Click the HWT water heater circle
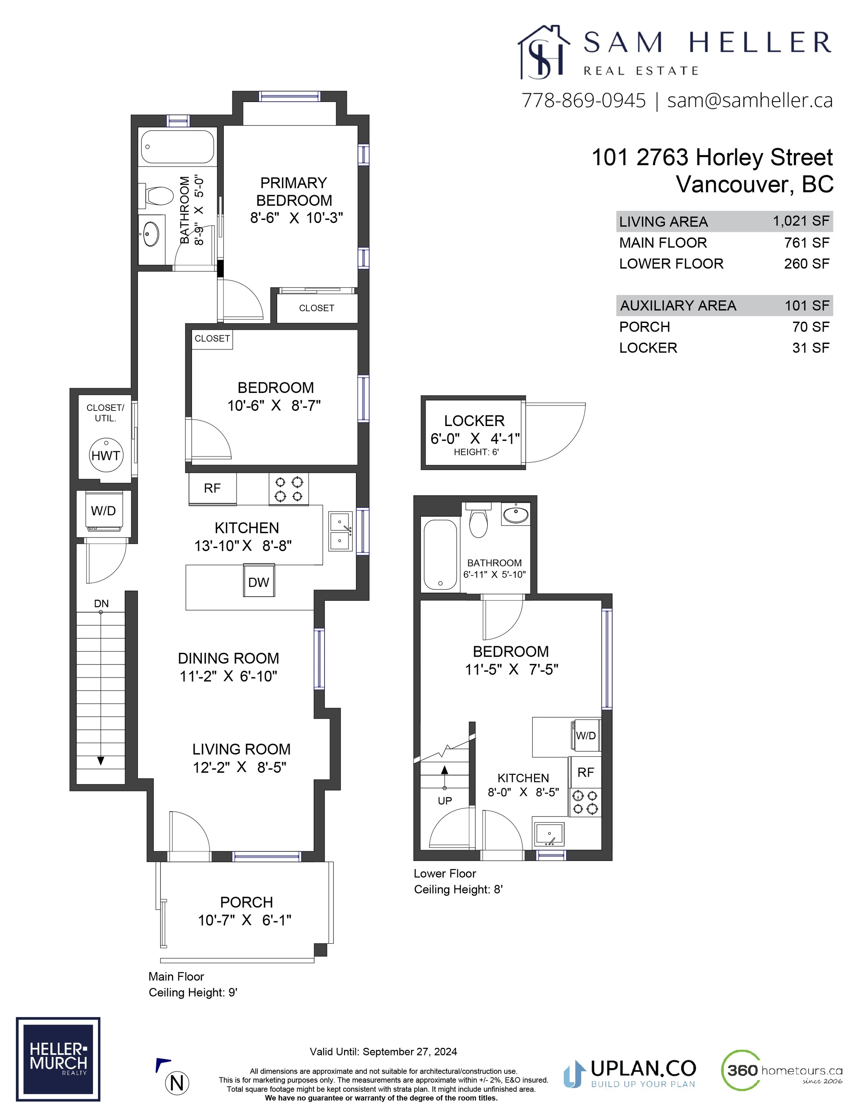(x=106, y=455)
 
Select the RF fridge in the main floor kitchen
(x=212, y=489)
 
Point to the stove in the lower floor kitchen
(x=585, y=802)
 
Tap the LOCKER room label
(x=474, y=421)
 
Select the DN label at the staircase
(x=101, y=604)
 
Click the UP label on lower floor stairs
(x=445, y=801)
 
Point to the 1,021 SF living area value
(x=801, y=221)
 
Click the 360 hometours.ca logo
(x=782, y=1070)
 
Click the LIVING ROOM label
(x=242, y=749)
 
